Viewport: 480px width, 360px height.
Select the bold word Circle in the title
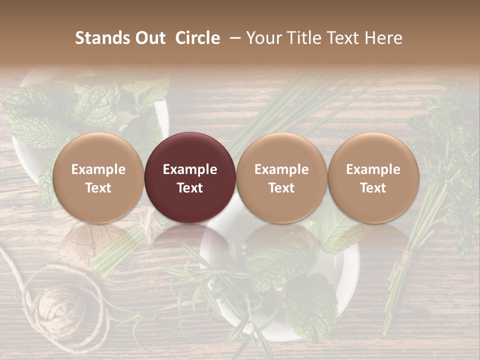pos(197,38)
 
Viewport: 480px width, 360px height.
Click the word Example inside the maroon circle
pos(190,169)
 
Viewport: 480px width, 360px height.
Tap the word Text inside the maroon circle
pos(190,188)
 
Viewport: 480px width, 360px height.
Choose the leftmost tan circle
pos(98,177)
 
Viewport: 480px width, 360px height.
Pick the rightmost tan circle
pos(373,177)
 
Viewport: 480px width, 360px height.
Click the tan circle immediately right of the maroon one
pos(281,177)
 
